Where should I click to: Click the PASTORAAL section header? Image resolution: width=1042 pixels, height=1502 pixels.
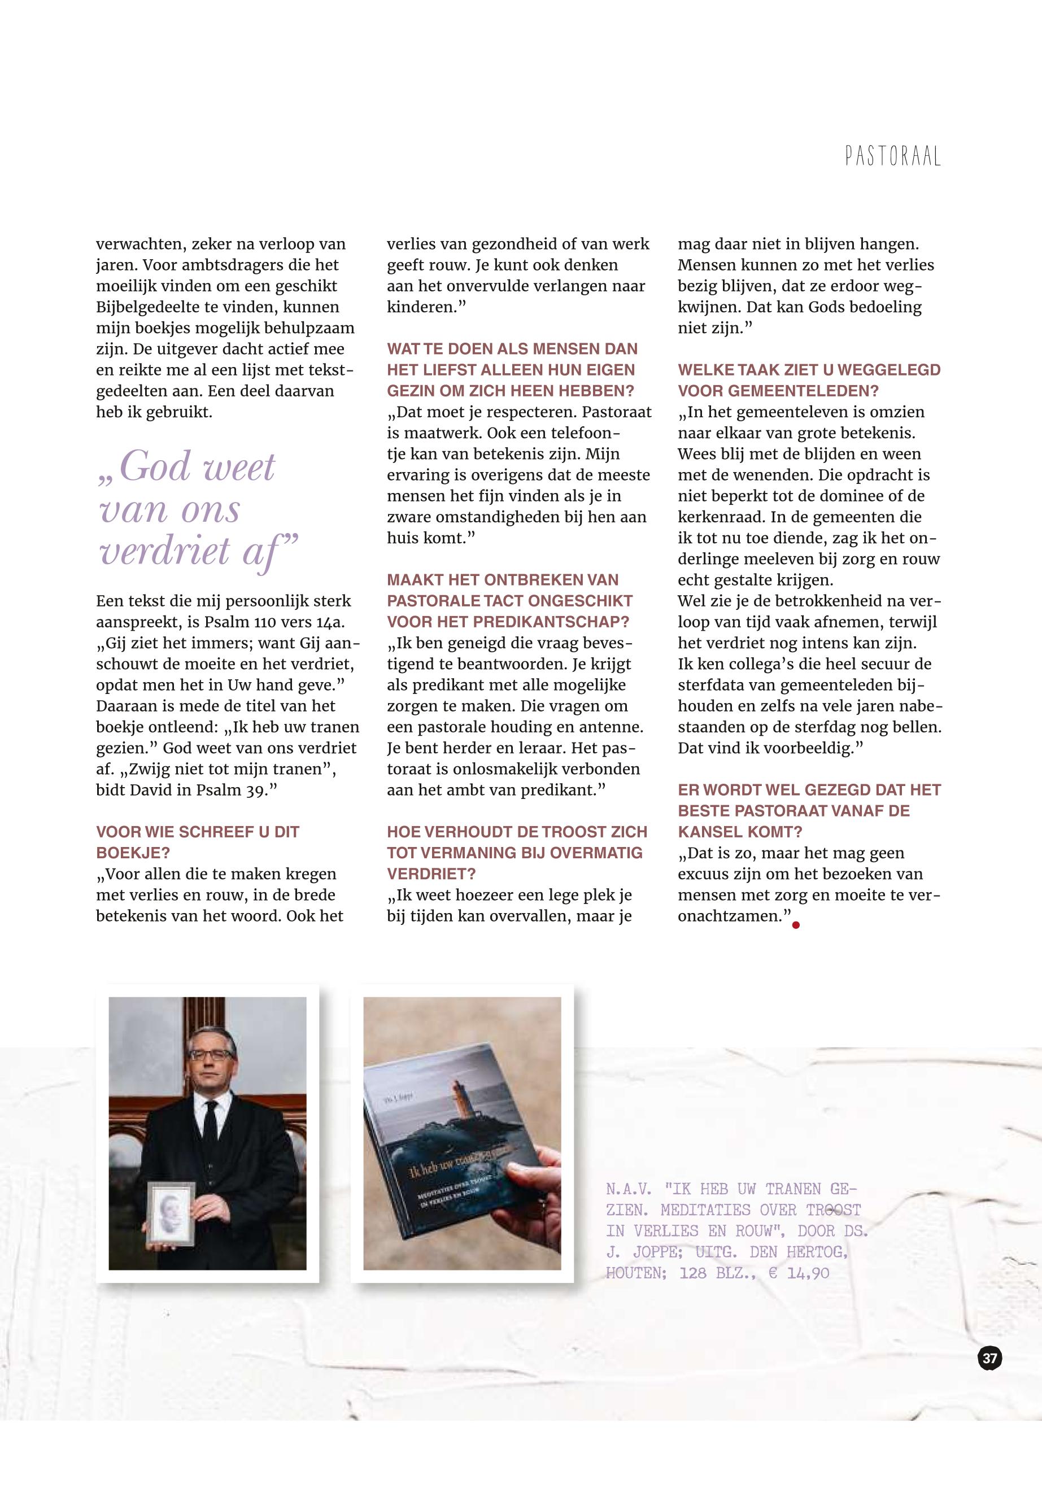tap(892, 156)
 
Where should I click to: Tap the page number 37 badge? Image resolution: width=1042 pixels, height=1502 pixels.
tap(990, 1359)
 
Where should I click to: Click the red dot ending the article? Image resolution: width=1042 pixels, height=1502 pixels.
tap(796, 924)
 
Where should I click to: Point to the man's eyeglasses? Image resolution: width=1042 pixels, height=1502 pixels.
tap(210, 1054)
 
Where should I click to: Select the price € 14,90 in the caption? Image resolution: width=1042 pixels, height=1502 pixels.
tap(799, 1273)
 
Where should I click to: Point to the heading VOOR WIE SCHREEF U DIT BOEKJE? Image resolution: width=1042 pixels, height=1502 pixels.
tap(197, 842)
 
